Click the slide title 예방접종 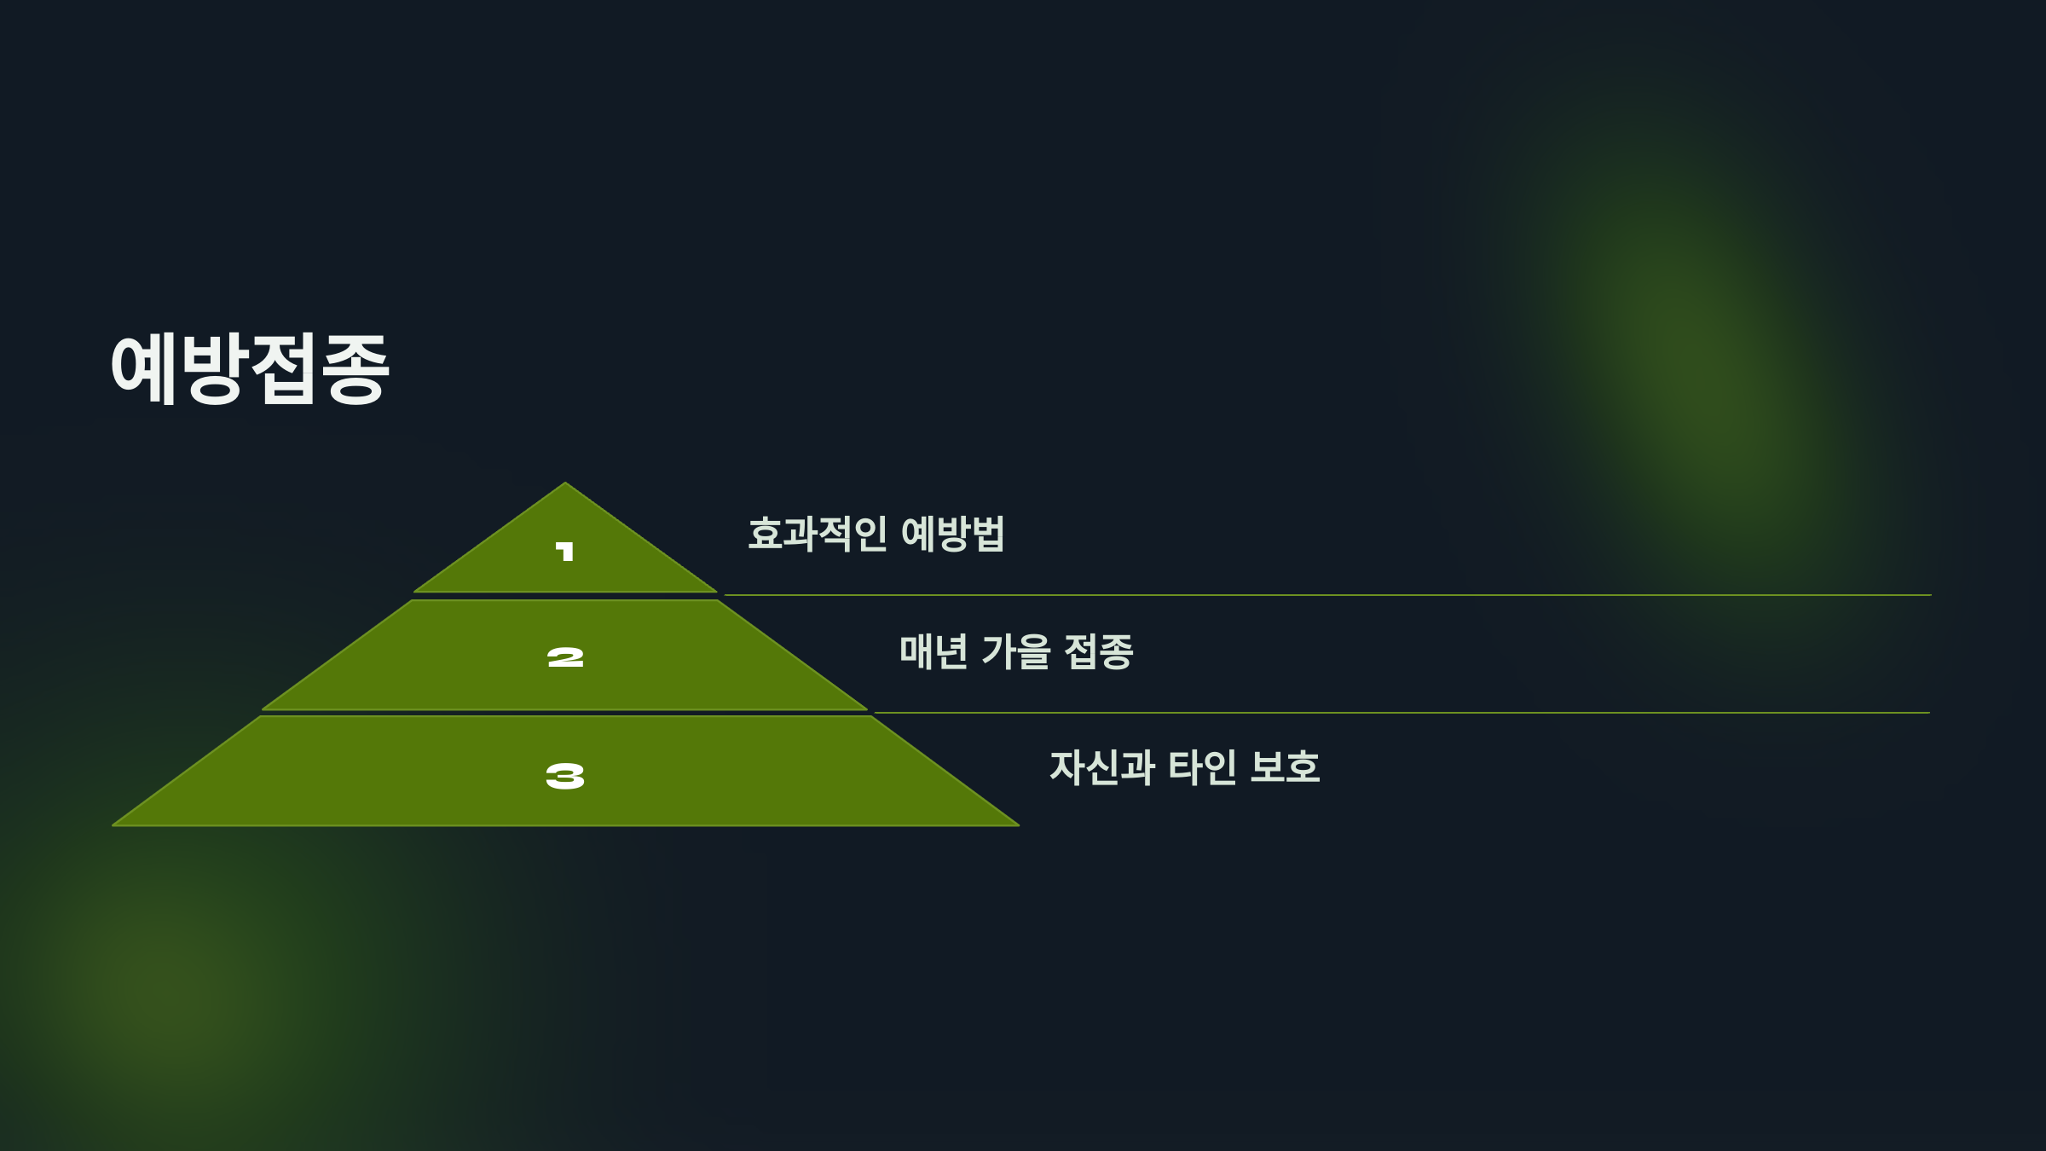pos(250,368)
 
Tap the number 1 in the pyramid pos(564,552)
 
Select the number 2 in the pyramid pos(565,657)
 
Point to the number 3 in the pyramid pos(565,776)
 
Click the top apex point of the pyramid pos(564,484)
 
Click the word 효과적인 pos(817,534)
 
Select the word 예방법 pos(952,534)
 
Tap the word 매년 pos(933,651)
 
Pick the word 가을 pos(1015,651)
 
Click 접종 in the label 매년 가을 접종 pos(1098,651)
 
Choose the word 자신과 pos(1101,767)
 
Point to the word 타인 pos(1202,767)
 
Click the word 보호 pos(1285,767)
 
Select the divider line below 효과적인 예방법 pos(1326,595)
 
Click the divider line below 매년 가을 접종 pos(1402,713)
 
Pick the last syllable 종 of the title pos(355,368)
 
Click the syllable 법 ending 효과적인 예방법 pos(987,534)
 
